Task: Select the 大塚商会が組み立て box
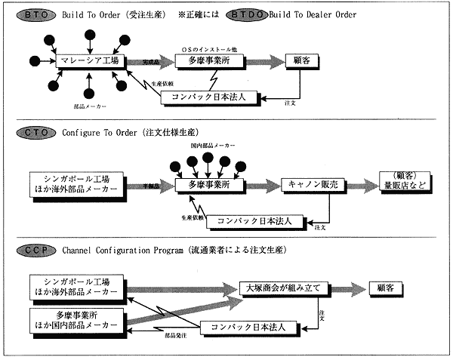tap(281, 288)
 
